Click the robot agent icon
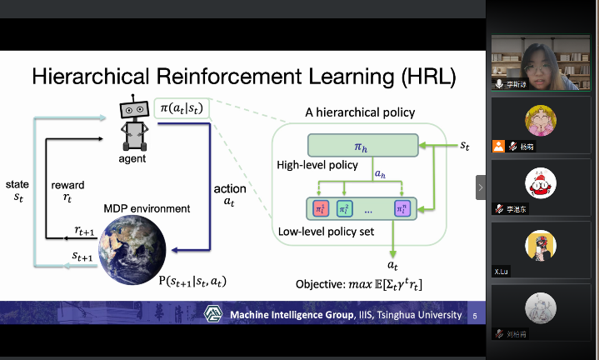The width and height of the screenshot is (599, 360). [132, 122]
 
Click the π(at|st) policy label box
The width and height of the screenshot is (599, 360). [179, 107]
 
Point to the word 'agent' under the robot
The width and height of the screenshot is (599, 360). [132, 158]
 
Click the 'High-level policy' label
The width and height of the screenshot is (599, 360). [317, 165]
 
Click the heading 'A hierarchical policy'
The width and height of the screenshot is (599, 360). [360, 112]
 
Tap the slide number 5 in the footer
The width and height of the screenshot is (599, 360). [475, 316]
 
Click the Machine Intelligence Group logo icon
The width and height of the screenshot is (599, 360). [214, 314]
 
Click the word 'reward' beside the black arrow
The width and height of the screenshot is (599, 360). [67, 184]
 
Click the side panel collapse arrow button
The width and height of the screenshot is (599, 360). [481, 187]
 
